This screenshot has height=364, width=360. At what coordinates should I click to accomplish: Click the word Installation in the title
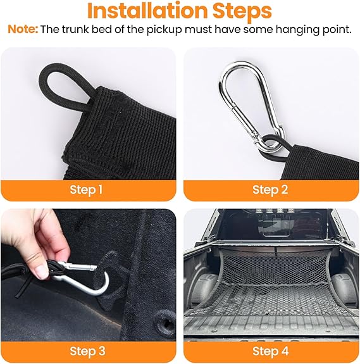147,11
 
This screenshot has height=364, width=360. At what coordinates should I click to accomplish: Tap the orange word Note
23,30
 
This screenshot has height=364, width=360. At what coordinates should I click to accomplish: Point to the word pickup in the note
164,30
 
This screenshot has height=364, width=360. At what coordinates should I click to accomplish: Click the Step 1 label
86,190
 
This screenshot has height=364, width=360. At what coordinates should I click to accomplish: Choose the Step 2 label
270,190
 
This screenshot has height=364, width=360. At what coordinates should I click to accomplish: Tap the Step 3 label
87,351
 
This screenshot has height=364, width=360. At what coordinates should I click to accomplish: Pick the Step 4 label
270,351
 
